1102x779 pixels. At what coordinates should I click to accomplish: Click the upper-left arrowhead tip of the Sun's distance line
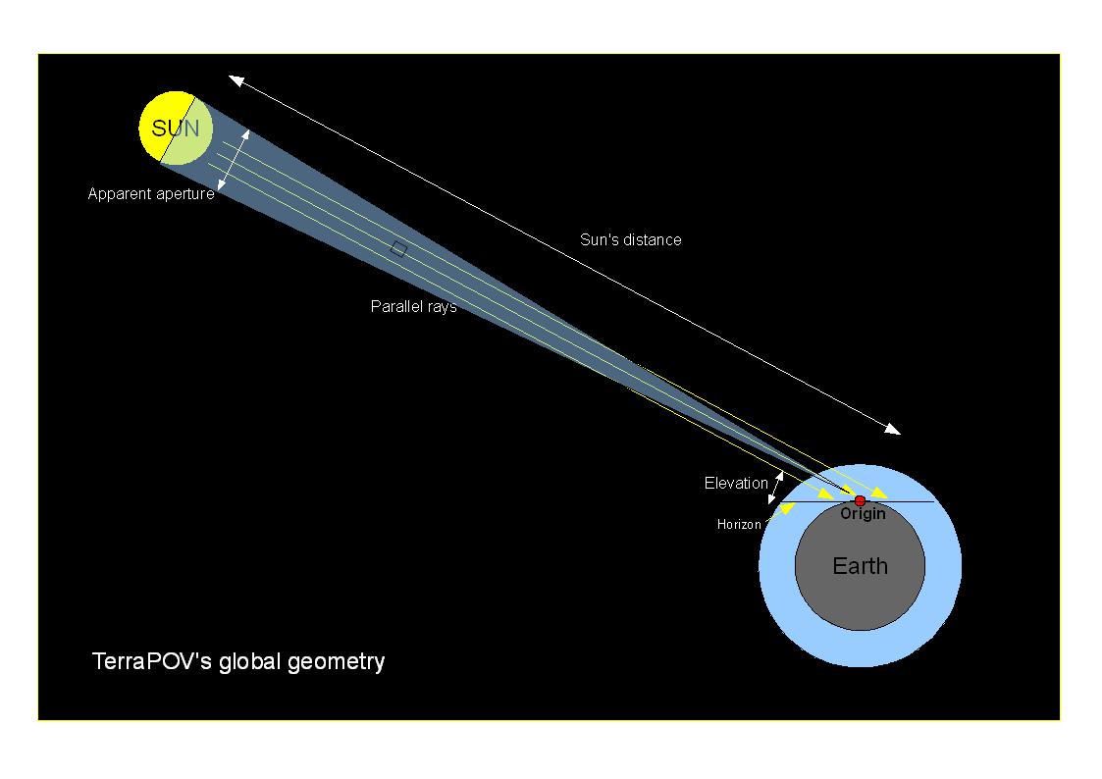pyautogui.click(x=230, y=77)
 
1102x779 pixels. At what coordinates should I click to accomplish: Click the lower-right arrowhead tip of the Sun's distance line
pyautogui.click(x=900, y=434)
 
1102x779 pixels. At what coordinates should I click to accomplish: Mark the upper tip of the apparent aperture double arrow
pyautogui.click(x=247, y=130)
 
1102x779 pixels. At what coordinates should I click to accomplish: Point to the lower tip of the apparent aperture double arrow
pyautogui.click(x=219, y=190)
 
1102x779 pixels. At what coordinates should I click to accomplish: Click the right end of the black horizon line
pyautogui.click(x=935, y=501)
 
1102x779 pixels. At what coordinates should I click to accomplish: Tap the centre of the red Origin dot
pyautogui.click(x=860, y=500)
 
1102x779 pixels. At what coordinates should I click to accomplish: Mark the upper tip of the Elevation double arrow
pyautogui.click(x=780, y=471)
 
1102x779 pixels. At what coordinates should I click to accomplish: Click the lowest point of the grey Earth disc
pyautogui.click(x=861, y=630)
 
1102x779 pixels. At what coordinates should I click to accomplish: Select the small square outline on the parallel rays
pyautogui.click(x=398, y=248)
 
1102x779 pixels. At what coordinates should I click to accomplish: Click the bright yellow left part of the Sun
pyautogui.click(x=156, y=127)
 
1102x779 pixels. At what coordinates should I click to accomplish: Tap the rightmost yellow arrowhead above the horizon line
pyautogui.click(x=880, y=493)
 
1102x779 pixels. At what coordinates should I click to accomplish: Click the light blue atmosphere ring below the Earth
pyautogui.click(x=861, y=649)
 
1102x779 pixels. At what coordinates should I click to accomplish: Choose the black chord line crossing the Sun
pyautogui.click(x=177, y=130)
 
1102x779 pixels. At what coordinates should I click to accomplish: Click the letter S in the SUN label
pyautogui.click(x=159, y=129)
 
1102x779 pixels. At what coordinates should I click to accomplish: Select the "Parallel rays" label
pyautogui.click(x=414, y=306)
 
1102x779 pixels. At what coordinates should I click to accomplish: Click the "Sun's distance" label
pyautogui.click(x=630, y=239)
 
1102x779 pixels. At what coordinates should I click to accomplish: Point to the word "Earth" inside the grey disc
pyautogui.click(x=861, y=565)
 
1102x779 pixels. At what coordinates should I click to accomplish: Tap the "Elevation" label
pyautogui.click(x=736, y=483)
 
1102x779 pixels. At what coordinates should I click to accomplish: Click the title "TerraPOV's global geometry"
pyautogui.click(x=238, y=661)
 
